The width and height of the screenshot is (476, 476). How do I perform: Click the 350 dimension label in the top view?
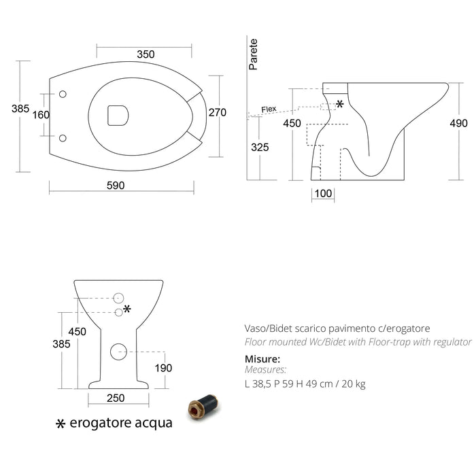pyautogui.click(x=146, y=54)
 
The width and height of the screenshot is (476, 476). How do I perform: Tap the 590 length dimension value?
pyautogui.click(x=116, y=186)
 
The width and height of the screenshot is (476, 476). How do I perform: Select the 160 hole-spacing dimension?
pyautogui.click(x=41, y=115)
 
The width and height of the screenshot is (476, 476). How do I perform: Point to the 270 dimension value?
pyautogui.click(x=218, y=113)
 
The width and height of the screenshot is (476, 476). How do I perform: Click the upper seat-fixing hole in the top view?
pyautogui.click(x=63, y=94)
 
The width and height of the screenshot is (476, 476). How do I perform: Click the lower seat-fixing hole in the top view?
pyautogui.click(x=63, y=138)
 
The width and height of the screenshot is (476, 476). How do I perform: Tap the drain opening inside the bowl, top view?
pyautogui.click(x=118, y=116)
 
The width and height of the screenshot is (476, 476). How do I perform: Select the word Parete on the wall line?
pyautogui.click(x=253, y=54)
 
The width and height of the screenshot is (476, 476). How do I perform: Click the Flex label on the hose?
pyautogui.click(x=269, y=109)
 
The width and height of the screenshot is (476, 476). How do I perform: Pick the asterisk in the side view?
pyautogui.click(x=340, y=104)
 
